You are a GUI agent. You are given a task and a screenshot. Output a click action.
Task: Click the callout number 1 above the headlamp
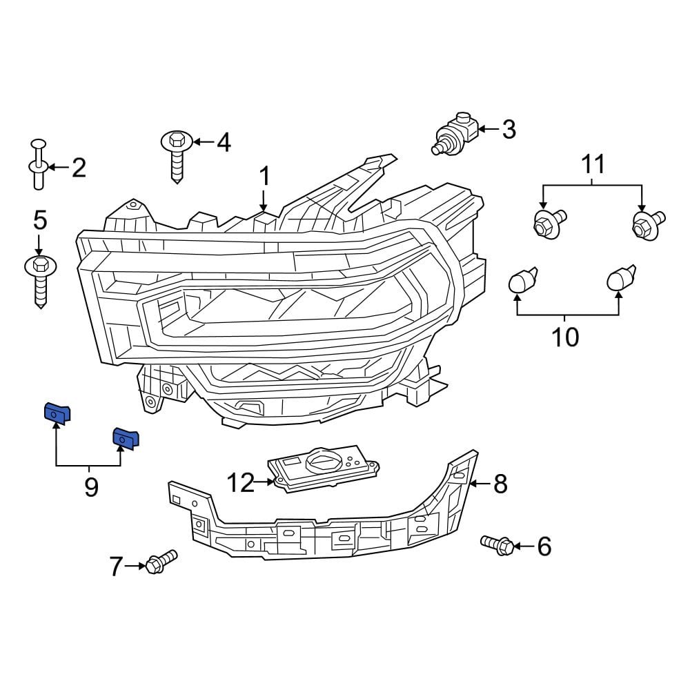click(264, 176)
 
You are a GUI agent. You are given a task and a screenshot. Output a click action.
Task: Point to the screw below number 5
click(39, 279)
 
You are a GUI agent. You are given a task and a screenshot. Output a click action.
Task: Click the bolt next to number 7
click(161, 560)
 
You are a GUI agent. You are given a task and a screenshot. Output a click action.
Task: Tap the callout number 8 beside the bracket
click(500, 484)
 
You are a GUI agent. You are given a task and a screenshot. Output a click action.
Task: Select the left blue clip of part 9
click(58, 413)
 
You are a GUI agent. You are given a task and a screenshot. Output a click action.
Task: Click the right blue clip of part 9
click(126, 438)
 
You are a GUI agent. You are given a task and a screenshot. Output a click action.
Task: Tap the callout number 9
click(90, 487)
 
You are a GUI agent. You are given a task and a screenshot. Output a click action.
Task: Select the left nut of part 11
click(549, 223)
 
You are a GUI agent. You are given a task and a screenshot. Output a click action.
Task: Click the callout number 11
click(593, 164)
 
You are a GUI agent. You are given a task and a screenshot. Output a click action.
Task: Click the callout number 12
click(241, 483)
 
